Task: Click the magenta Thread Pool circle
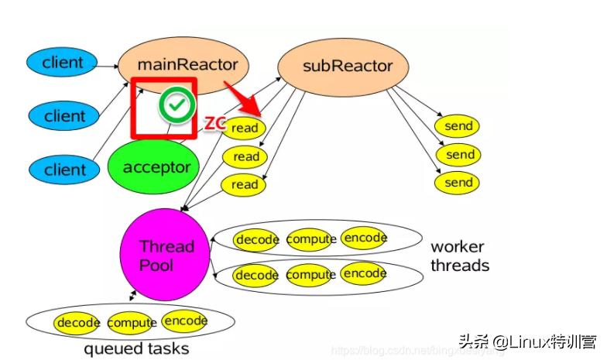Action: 166,255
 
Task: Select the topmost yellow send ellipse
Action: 458,126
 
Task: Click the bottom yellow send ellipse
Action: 458,183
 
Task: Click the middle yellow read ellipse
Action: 245,157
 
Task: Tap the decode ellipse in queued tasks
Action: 77,322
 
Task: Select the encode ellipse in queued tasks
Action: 184,321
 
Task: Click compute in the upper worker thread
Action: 311,239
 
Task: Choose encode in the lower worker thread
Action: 364,273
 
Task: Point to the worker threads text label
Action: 459,256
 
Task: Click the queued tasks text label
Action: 135,349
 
